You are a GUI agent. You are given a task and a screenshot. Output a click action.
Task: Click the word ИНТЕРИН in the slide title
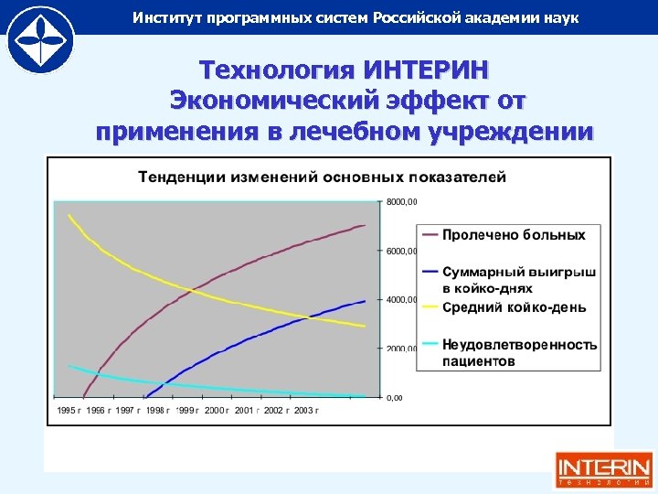coord(425,70)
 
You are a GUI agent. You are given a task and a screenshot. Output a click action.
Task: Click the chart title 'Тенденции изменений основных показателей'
coord(322,176)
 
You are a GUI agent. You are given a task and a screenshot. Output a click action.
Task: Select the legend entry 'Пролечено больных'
coord(514,235)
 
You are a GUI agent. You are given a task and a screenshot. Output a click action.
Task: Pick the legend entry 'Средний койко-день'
coord(514,307)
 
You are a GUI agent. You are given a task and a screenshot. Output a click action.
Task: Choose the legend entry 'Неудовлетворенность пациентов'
coord(519,352)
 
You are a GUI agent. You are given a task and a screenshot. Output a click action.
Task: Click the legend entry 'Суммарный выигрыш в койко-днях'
coord(519,280)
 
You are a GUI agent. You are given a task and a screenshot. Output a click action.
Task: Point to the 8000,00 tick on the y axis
coord(401,201)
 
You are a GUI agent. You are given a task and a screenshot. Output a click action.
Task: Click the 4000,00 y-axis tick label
coord(401,300)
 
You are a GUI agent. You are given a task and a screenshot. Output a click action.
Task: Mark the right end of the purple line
coord(365,225)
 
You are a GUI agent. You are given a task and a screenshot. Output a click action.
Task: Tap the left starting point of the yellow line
coord(69,215)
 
